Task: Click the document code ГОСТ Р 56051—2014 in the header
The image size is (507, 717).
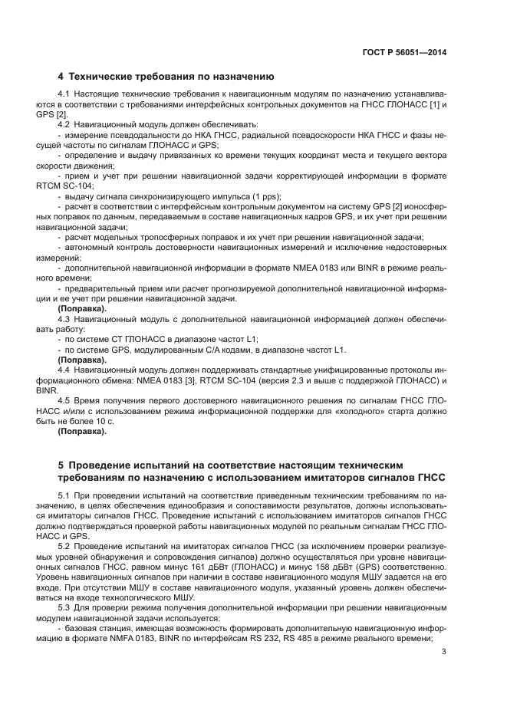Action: tap(403, 52)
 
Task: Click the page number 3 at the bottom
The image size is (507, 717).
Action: tap(444, 652)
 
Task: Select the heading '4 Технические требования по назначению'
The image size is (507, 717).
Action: tap(166, 77)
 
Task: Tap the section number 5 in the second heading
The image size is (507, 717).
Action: tap(61, 465)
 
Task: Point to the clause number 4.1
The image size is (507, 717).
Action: tap(64, 94)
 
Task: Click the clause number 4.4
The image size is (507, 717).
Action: tap(64, 370)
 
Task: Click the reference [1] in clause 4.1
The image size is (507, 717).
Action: tap(433, 104)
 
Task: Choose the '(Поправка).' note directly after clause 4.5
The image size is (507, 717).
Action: tap(82, 431)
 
